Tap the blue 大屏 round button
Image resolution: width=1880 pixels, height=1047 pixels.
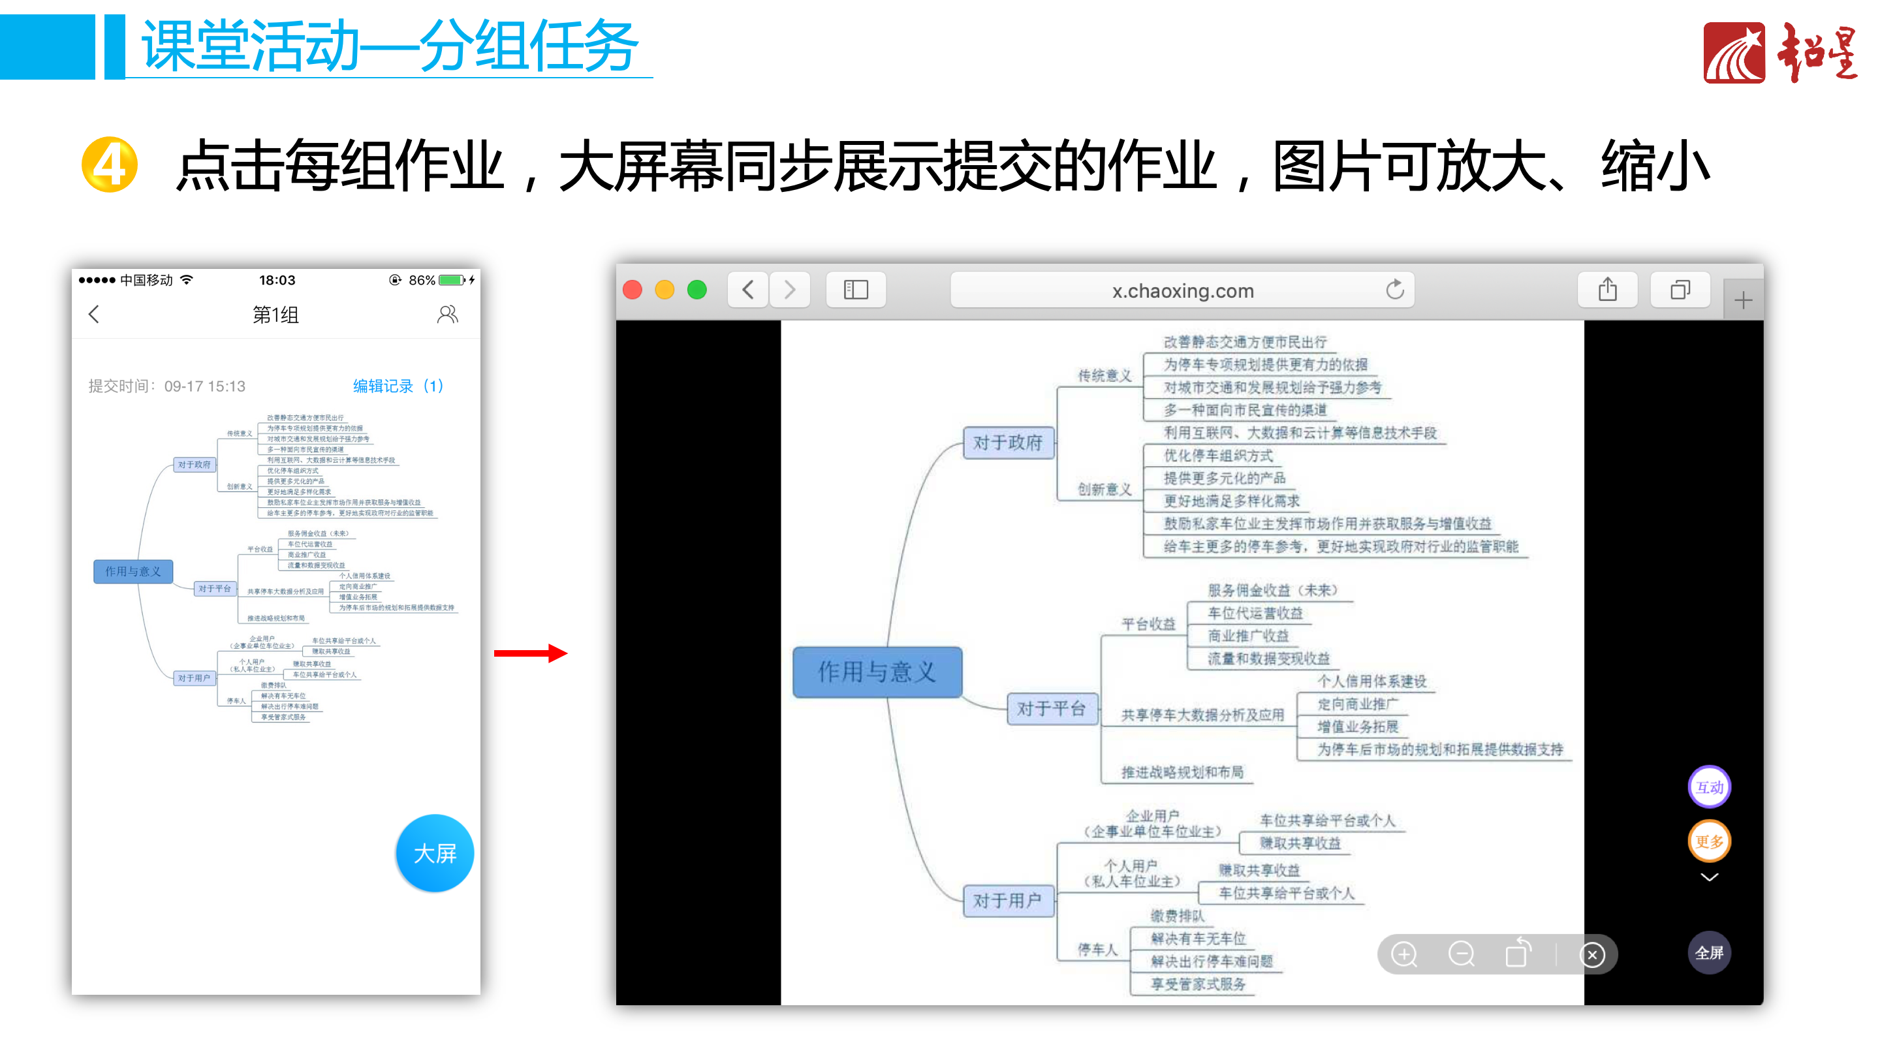pos(434,853)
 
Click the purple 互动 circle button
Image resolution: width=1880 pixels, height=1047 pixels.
pos(1708,787)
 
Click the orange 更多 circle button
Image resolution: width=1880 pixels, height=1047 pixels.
pos(1708,841)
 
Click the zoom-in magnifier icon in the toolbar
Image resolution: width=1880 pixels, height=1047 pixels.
pos(1404,954)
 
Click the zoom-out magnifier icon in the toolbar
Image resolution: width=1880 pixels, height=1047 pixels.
pos(1461,954)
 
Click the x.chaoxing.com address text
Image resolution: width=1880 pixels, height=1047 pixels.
pos(1182,291)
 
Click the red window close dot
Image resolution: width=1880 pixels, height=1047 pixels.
pos(633,290)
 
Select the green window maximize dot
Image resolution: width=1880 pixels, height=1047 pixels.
pos(697,290)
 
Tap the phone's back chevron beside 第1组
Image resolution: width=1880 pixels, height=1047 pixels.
pos(94,315)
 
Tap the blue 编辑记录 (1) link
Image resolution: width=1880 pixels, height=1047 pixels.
pos(398,385)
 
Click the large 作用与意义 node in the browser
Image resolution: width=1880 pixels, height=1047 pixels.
pos(877,671)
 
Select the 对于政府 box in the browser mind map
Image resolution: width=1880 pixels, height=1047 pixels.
pos(1008,442)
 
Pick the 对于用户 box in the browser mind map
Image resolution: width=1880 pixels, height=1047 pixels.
pos(1008,899)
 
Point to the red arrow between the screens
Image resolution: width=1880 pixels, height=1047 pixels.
pos(531,652)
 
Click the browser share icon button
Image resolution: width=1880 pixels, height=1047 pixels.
pos(1607,290)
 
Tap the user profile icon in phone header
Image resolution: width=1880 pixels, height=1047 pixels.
pos(447,315)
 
